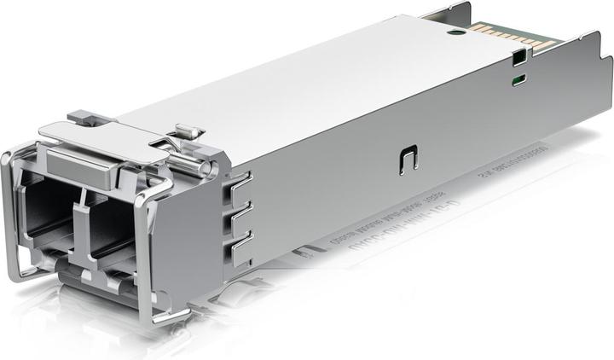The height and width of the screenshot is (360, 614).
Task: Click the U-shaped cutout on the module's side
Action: point(407,160)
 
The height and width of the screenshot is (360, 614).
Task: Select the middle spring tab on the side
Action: point(242,212)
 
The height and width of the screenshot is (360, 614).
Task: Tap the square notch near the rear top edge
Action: point(517,59)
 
